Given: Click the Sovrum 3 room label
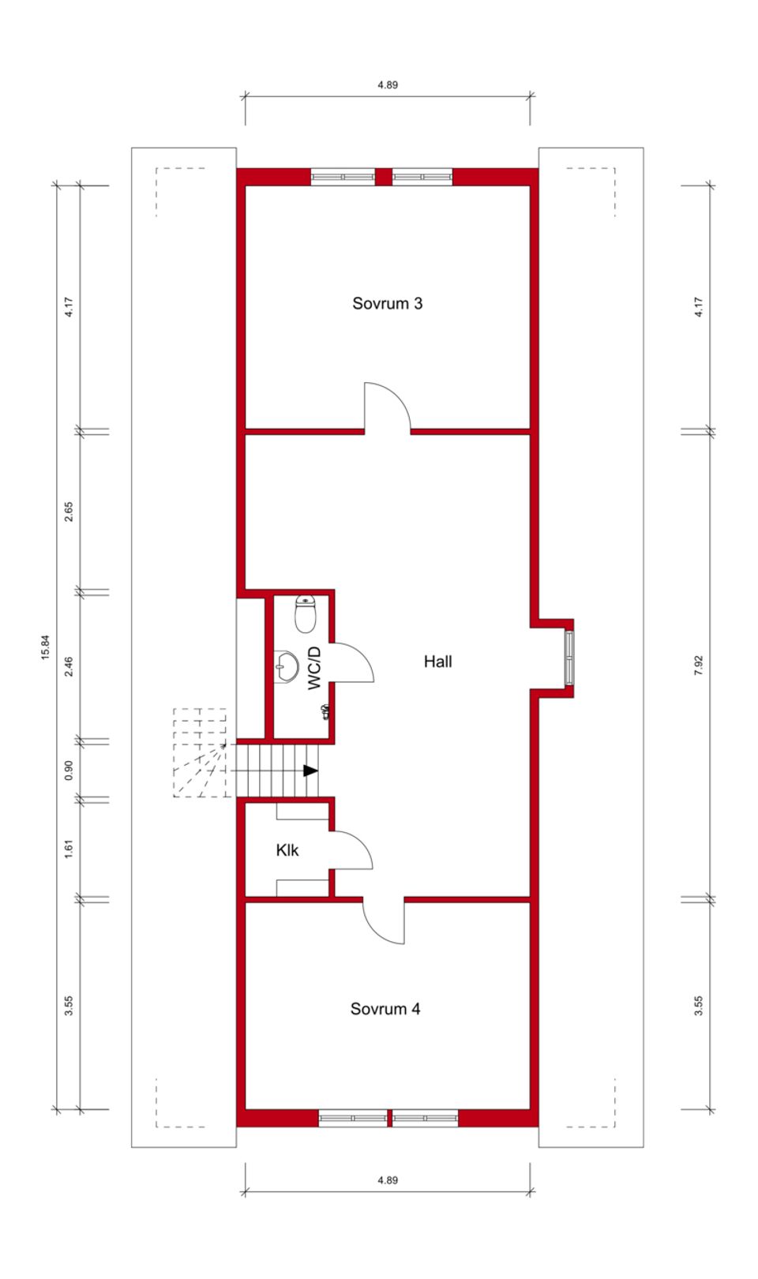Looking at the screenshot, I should coord(387,303).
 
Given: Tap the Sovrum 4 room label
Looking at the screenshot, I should coord(385,1008).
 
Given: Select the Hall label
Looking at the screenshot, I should coord(437,662).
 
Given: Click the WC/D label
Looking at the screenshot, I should coord(315,668).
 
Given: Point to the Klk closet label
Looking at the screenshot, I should coord(287,850).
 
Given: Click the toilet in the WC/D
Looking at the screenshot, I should coord(306,613).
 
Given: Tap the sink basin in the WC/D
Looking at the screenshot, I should coord(286,667).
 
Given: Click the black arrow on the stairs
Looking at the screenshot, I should coord(311,771).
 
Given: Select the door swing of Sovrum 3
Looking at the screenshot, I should coord(387,407).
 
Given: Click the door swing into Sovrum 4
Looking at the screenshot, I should coord(385,921).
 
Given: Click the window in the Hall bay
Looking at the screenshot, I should coord(569,657).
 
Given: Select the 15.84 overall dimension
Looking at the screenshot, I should coord(45,647).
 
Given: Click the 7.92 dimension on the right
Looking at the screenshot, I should coord(698,665).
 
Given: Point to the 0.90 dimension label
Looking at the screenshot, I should coord(69,769).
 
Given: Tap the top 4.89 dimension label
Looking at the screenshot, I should coord(387,84).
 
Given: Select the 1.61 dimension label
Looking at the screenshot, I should coord(69,850).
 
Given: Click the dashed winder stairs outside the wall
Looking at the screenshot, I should coord(199,753).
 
